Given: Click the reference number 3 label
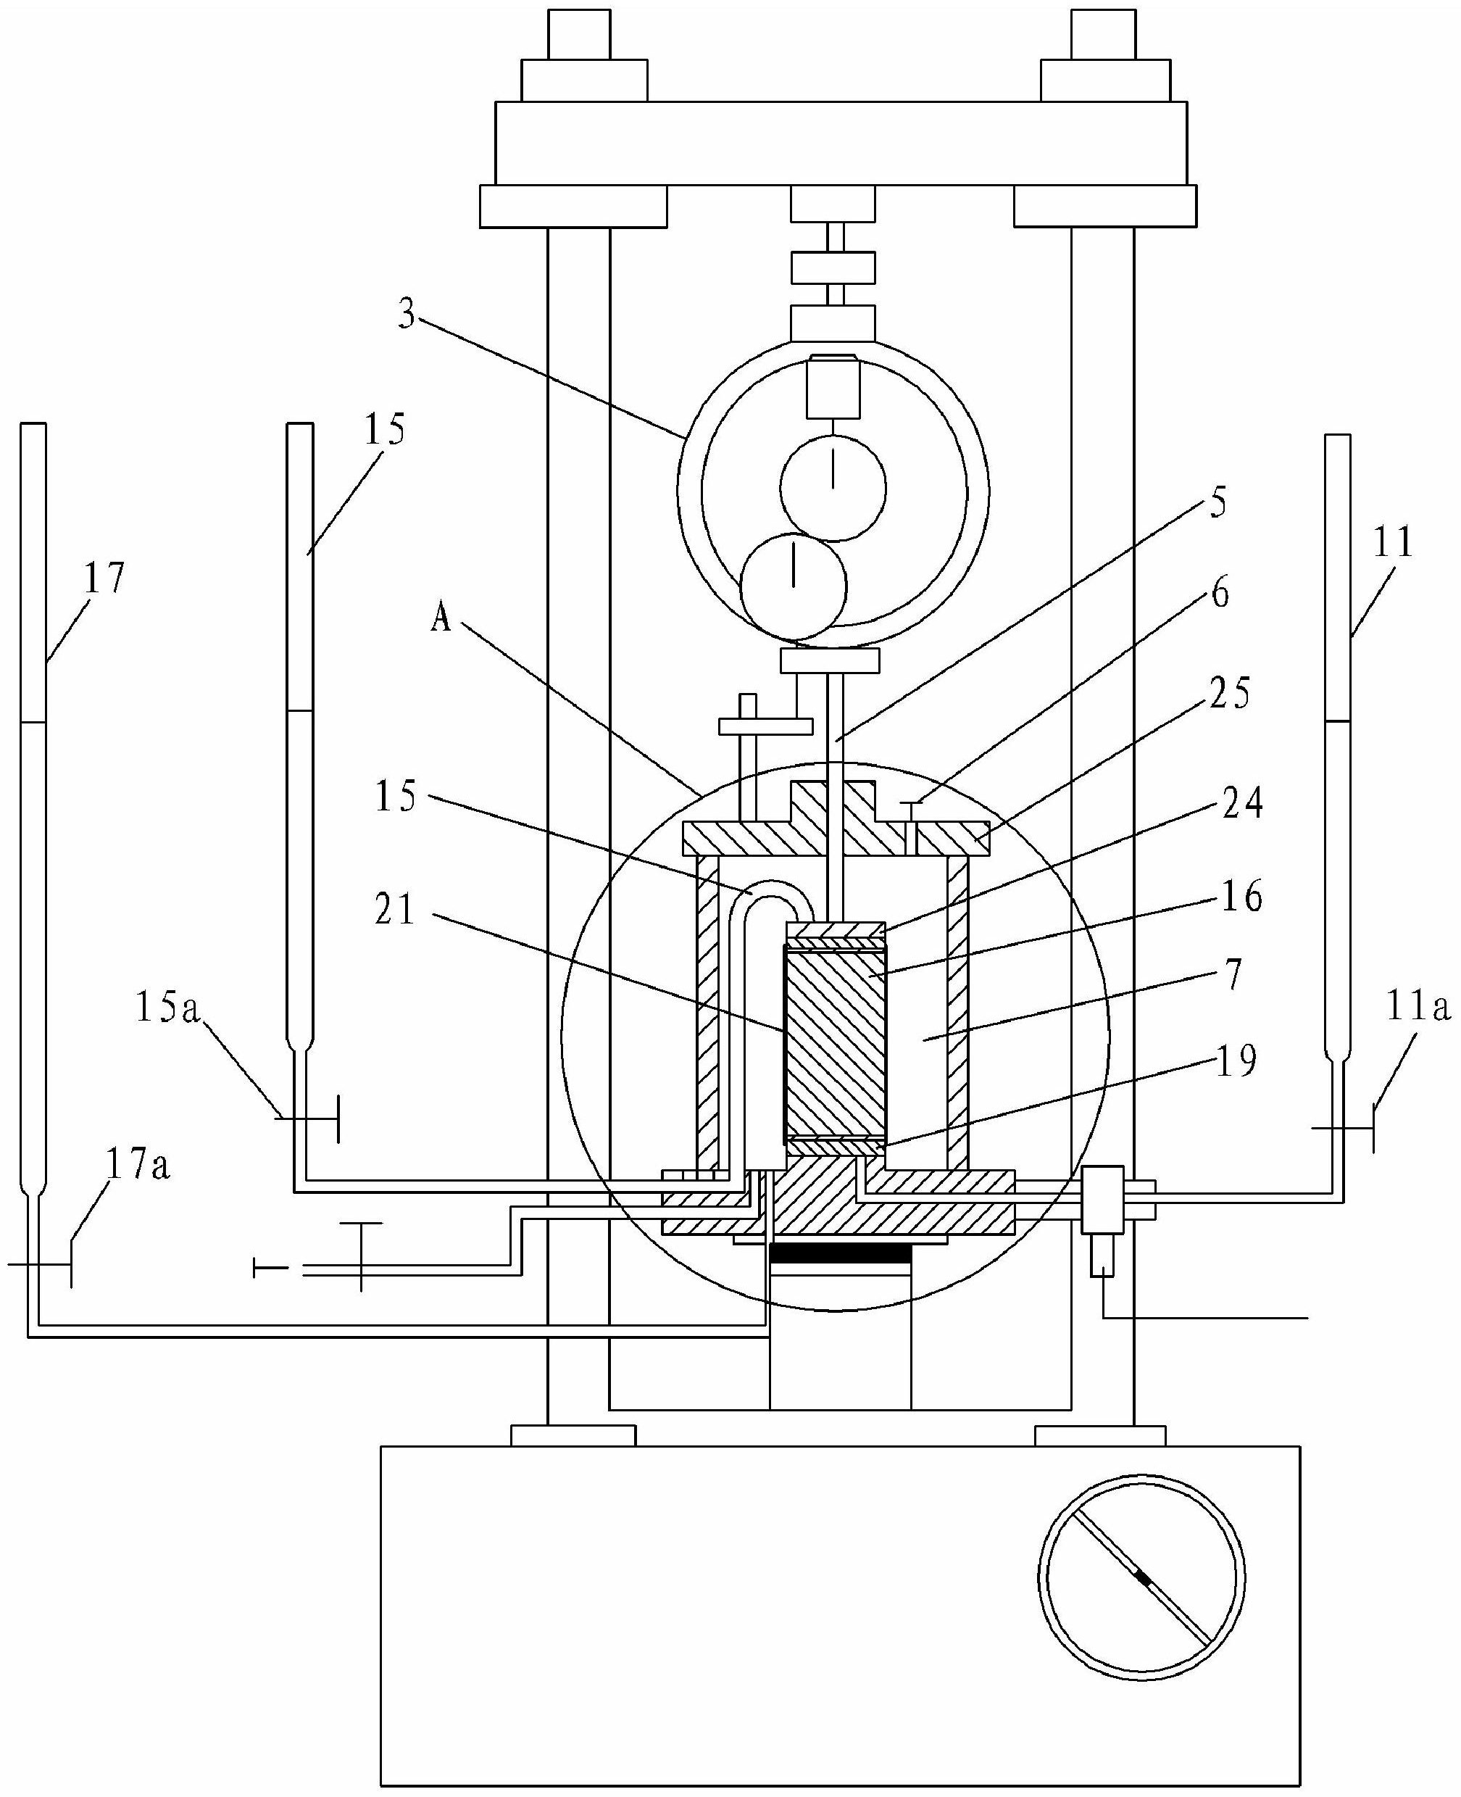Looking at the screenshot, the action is [x=407, y=315].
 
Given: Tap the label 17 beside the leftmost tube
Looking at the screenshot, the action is [x=104, y=578].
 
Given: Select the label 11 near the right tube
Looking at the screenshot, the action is [x=1392, y=543].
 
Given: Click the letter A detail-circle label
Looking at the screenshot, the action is [x=441, y=620].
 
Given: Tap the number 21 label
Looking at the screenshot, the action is [x=396, y=910].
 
